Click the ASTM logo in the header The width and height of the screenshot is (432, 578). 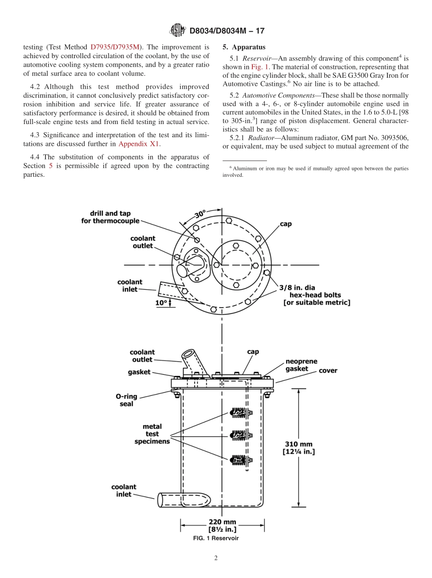pos(177,30)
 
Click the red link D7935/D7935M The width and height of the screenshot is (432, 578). pos(116,47)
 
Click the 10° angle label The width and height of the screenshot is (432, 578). pos(161,303)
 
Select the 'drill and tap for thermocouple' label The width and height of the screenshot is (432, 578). pos(110,217)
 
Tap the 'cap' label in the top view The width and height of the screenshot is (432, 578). pos(286,224)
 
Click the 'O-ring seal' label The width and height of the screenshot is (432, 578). pos(126,400)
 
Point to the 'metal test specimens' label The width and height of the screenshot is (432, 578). pos(152,434)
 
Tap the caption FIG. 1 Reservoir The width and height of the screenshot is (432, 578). pos(216,538)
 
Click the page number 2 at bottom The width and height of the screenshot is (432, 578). pos(216,558)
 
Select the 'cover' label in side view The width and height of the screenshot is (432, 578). pos(328,371)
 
